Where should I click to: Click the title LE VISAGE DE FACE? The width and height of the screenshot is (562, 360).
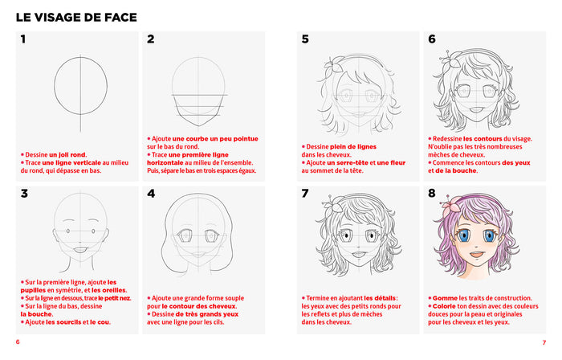76,17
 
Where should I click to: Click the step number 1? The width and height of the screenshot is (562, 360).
23,39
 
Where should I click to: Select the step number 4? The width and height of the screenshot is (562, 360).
152,194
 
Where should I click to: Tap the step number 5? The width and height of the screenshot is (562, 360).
305,39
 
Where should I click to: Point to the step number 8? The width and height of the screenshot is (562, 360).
432,194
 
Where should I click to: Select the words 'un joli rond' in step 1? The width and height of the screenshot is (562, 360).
67,155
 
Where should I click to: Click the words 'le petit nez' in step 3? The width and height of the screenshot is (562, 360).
114,298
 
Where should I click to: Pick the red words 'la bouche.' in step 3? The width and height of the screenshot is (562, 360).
36,313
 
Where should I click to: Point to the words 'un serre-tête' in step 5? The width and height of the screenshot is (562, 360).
346,162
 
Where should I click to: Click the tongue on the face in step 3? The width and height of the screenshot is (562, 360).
80,255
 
